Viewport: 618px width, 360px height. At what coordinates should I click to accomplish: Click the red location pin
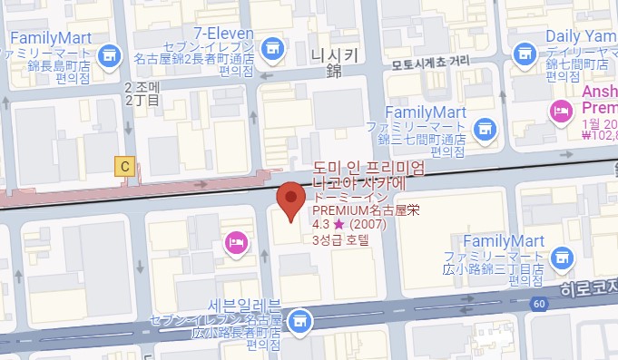(289, 199)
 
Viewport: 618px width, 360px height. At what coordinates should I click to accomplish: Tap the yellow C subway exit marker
(124, 165)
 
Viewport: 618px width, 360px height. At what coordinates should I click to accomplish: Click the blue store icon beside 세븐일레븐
(299, 320)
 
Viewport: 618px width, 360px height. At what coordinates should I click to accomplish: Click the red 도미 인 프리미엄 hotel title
(367, 169)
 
